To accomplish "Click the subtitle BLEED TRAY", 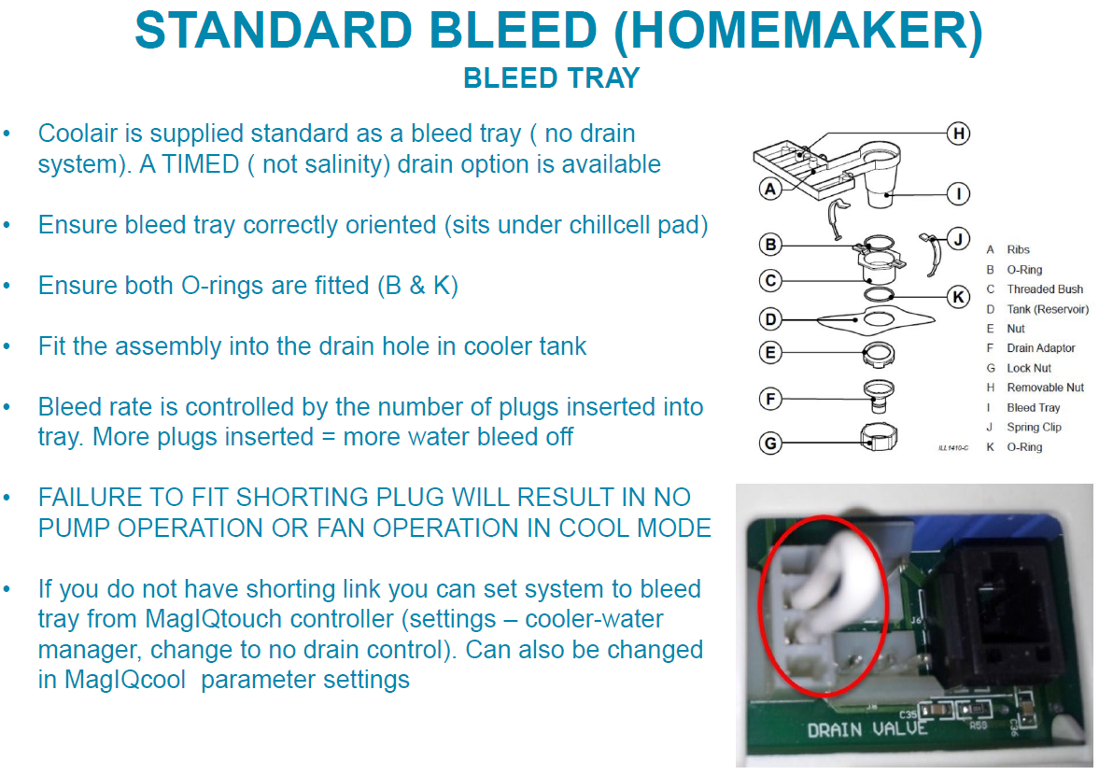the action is point(552,78).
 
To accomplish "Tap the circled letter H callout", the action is point(958,134).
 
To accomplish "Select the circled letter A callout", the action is point(770,189).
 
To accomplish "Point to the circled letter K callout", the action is point(958,297).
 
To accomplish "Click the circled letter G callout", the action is point(770,443).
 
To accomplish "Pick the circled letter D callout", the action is point(770,319).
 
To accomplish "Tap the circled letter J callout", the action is point(958,239).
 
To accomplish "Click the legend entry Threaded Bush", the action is point(1045,289).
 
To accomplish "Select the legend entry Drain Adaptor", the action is point(1041,348).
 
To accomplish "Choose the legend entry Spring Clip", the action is point(1034,428).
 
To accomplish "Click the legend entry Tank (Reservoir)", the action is point(1048,309).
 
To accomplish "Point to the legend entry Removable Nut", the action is point(1045,387).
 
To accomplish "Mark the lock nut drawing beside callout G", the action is point(879,437).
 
